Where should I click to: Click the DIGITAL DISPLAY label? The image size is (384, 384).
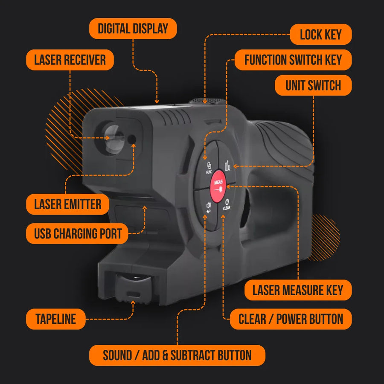click(x=133, y=29)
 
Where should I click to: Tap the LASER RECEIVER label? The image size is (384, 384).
click(x=70, y=60)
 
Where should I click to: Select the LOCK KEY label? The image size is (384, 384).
click(x=321, y=35)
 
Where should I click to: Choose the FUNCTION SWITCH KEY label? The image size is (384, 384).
click(x=293, y=60)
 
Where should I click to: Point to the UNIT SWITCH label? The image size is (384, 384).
click(x=313, y=85)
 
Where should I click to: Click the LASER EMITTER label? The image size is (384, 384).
click(x=68, y=204)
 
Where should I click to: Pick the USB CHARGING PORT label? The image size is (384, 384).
click(x=78, y=233)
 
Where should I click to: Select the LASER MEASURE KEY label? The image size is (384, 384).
click(x=298, y=291)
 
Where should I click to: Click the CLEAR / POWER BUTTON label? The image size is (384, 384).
click(x=291, y=319)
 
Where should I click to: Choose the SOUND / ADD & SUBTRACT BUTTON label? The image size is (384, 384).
click(x=177, y=355)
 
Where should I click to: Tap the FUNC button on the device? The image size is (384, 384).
click(x=209, y=167)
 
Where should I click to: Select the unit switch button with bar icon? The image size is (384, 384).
click(x=227, y=166)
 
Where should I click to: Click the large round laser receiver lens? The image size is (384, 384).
click(x=111, y=137)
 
